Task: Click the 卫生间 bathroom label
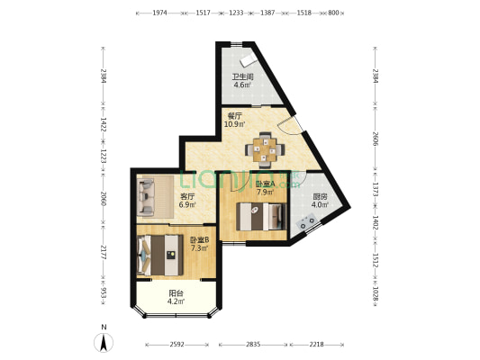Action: coord(242,76)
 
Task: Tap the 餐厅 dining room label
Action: coord(235,115)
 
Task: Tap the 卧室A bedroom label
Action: coord(265,184)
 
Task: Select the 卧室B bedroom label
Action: coord(199,239)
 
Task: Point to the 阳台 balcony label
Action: coord(177,292)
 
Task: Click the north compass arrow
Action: coord(104,341)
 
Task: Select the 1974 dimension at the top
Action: coord(161,13)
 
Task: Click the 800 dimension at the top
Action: coord(332,13)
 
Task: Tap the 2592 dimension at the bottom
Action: coord(177,345)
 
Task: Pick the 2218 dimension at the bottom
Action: coord(315,345)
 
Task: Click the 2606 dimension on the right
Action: coord(376,137)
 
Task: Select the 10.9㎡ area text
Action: coord(235,124)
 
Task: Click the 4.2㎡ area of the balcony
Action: coord(177,301)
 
